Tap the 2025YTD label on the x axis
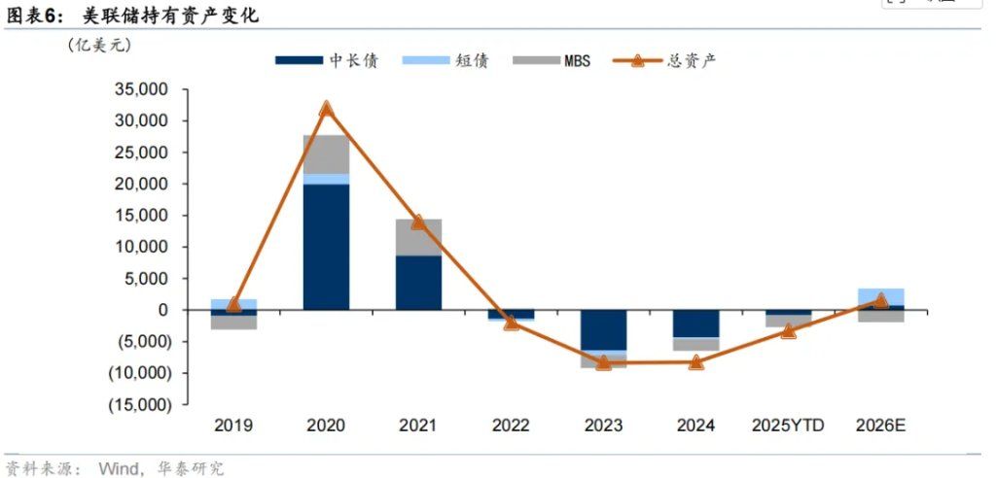pyautogui.click(x=789, y=426)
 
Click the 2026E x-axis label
pyautogui.click(x=881, y=426)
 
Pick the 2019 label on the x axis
pyautogui.click(x=233, y=426)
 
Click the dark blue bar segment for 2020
pyautogui.click(x=326, y=247)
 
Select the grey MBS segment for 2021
pyautogui.click(x=418, y=237)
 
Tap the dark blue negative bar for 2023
pyautogui.click(x=603, y=329)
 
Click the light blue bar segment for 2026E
pyautogui.click(x=880, y=296)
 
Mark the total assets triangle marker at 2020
pyautogui.click(x=326, y=109)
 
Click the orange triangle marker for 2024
pyautogui.click(x=695, y=362)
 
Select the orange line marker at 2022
pyautogui.click(x=511, y=322)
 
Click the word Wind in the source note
pyautogui.click(x=119, y=468)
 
